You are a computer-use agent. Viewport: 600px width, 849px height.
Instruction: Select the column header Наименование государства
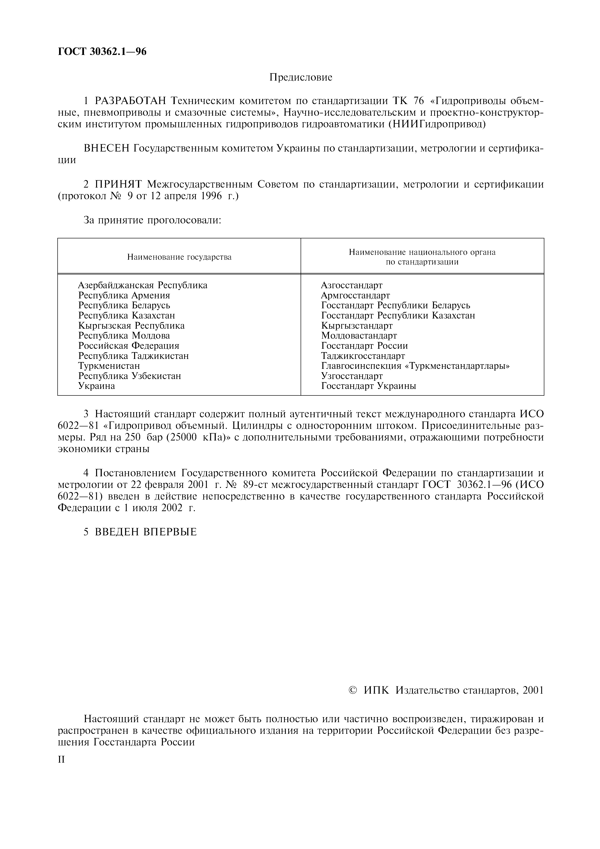click(x=179, y=257)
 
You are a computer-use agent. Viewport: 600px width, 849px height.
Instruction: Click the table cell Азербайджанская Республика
click(x=143, y=285)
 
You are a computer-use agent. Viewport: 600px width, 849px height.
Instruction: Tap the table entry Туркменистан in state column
click(x=109, y=366)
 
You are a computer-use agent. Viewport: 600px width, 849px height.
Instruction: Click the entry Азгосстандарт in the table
click(x=352, y=285)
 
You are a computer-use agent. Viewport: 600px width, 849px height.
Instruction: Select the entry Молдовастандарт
click(x=359, y=335)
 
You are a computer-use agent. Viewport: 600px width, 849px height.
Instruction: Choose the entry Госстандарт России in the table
click(x=365, y=346)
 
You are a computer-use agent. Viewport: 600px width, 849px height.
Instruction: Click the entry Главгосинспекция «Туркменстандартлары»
click(x=415, y=366)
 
